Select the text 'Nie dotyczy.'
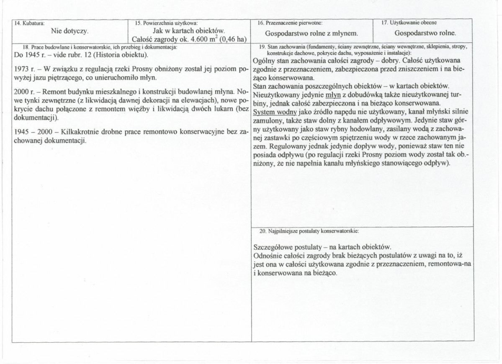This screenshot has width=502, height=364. [70, 31]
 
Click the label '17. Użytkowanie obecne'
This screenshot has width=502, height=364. [409, 23]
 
